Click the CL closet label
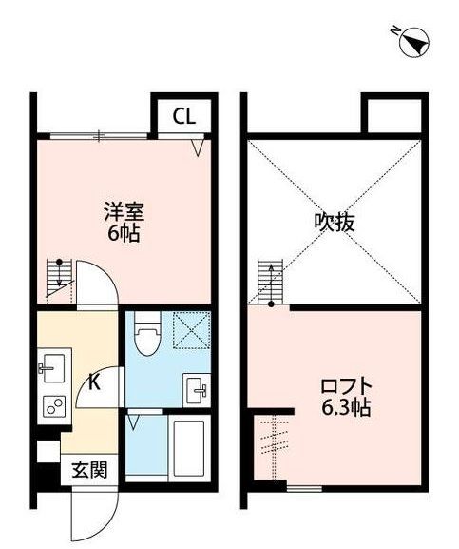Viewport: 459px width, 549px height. pyautogui.click(x=184, y=117)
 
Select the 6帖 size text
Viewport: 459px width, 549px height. pyautogui.click(x=124, y=233)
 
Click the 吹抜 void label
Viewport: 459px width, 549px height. pyautogui.click(x=335, y=223)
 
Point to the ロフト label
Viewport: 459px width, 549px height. pyautogui.click(x=345, y=388)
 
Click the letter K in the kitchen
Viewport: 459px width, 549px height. pyautogui.click(x=96, y=384)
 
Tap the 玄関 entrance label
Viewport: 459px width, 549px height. pyautogui.click(x=86, y=470)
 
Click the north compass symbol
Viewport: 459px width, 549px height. pyautogui.click(x=414, y=41)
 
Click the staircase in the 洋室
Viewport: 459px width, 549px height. pyautogui.click(x=59, y=276)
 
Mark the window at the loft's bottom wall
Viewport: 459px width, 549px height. pyautogui.click(x=305, y=488)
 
